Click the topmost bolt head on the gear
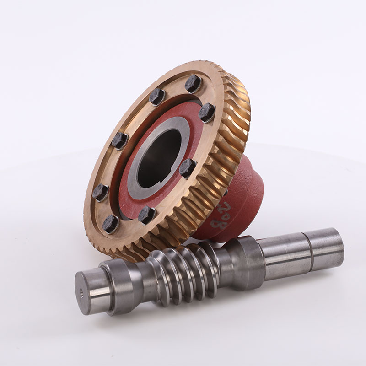(193, 83)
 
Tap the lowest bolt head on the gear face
(110, 224)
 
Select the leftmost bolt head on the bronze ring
(100, 193)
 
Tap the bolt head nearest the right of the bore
(187, 168)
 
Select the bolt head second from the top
(157, 96)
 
